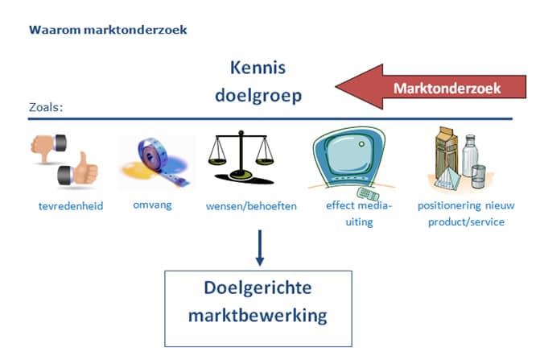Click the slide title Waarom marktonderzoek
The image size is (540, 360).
(107, 30)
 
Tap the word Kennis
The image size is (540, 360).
(258, 68)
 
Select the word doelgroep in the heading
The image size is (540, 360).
(258, 94)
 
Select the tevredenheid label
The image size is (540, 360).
(71, 206)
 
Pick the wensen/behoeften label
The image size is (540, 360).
(251, 206)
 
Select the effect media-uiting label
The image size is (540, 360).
(359, 213)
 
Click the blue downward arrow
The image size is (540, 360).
(258, 248)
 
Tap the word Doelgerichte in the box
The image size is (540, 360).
(258, 288)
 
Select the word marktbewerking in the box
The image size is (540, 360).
(258, 314)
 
